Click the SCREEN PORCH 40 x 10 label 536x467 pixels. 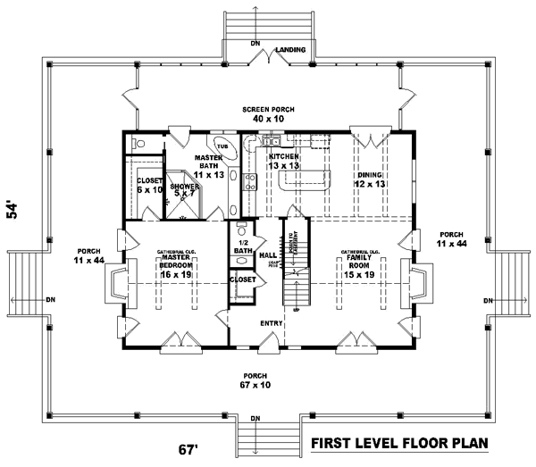pos(268,113)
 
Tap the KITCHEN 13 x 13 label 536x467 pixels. pos(283,161)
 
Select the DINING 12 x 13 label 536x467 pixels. pos(368,179)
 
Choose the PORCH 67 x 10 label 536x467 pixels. pos(255,379)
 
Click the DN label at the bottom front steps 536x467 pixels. pos(255,419)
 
